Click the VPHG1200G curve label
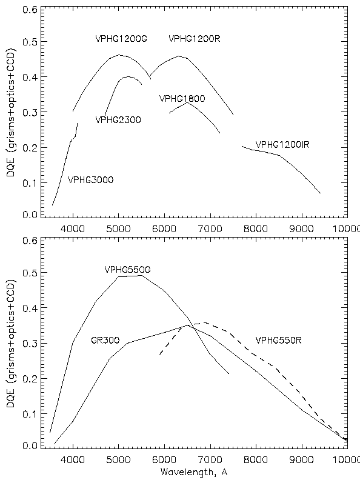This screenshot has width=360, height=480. (x=121, y=39)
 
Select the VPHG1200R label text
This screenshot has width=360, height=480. (x=195, y=39)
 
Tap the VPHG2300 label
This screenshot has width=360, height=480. (x=118, y=119)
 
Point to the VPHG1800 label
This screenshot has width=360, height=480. (x=182, y=99)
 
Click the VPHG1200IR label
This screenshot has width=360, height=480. (x=282, y=144)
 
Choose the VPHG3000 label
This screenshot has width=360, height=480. (x=91, y=179)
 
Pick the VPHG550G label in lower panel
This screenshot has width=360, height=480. (x=128, y=270)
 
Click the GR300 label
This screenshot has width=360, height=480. (x=105, y=340)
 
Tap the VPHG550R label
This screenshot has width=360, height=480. (x=278, y=340)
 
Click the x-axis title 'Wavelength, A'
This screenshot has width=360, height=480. (x=194, y=472)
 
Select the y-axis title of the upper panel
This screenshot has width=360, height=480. (x=11, y=112)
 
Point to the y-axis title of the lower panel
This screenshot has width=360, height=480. (x=11, y=344)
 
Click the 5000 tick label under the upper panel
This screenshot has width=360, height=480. (x=118, y=228)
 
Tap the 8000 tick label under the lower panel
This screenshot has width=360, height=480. (x=256, y=459)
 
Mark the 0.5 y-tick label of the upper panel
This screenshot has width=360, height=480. (x=30, y=41)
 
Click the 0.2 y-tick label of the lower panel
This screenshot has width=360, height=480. (x=30, y=378)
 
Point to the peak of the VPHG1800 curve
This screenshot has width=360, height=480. (x=187, y=103)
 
